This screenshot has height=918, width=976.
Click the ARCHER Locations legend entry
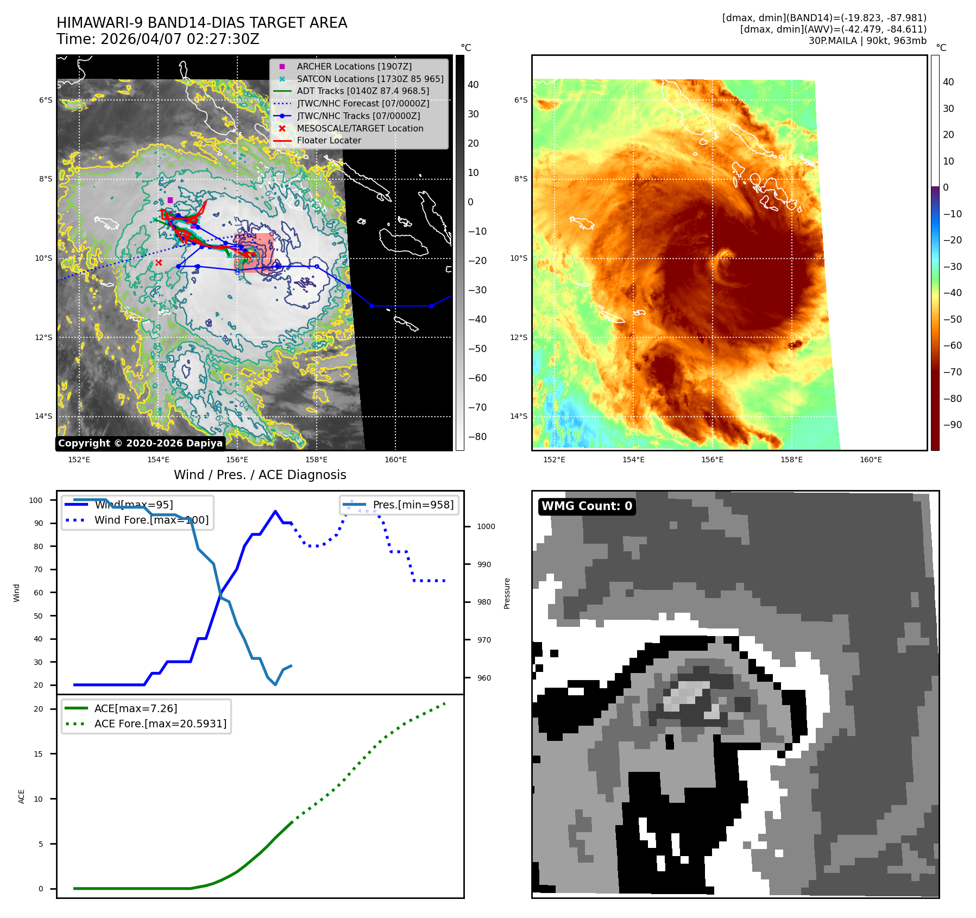[x=354, y=66]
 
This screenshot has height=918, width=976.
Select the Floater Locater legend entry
[x=329, y=140]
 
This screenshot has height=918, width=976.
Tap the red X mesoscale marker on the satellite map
[x=159, y=263]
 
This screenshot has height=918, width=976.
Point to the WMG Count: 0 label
[x=587, y=506]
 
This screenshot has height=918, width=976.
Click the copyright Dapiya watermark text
[x=140, y=443]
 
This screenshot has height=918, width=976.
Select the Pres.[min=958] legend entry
[x=413, y=505]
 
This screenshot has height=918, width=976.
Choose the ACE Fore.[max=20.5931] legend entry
[x=160, y=724]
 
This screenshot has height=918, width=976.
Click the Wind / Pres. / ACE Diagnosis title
[x=260, y=475]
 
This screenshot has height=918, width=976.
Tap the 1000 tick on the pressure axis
[x=486, y=526]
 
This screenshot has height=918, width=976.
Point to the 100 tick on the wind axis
[x=36, y=500]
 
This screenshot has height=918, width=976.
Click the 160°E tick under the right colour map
[x=871, y=460]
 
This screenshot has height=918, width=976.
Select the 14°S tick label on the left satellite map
[x=44, y=417]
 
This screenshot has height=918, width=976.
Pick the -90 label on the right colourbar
[x=952, y=425]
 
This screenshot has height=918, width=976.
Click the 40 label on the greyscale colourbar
[x=473, y=85]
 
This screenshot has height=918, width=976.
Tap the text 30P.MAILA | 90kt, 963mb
[x=867, y=41]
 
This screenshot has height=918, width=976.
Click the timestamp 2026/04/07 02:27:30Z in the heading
[x=180, y=40]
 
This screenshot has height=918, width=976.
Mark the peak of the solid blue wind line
[x=275, y=511]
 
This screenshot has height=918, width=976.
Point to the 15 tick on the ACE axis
[x=38, y=754]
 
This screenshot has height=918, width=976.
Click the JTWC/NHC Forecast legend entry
[x=363, y=103]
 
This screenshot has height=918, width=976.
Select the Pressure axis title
[x=507, y=593]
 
